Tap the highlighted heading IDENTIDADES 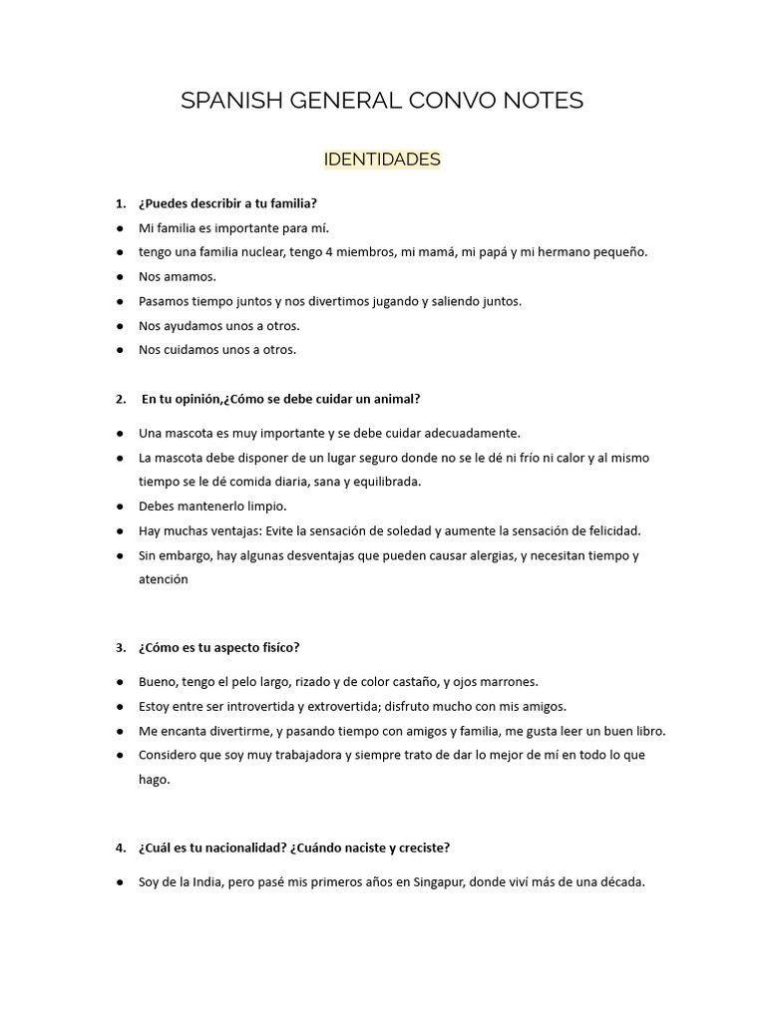(382, 160)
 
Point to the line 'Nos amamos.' (178, 276)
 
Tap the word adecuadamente (465, 433)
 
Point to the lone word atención (164, 579)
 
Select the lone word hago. (155, 780)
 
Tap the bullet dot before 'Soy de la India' (119, 882)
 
